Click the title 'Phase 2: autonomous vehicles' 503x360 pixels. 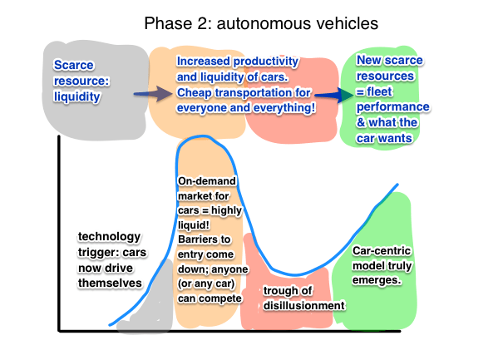261,23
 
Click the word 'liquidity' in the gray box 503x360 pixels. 77,96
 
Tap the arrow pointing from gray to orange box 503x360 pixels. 153,94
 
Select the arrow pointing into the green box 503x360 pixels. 333,95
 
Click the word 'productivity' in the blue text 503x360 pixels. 266,62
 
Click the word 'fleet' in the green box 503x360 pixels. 379,91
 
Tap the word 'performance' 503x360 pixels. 393,107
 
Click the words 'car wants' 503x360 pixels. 384,138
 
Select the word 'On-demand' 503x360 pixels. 207,181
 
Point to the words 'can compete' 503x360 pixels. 210,298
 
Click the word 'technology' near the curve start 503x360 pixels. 109,237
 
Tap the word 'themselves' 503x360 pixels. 110,284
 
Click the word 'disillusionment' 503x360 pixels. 304,306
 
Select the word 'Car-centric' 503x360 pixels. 382,250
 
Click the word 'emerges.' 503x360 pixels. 377,280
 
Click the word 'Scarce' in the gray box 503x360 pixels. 74,65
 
